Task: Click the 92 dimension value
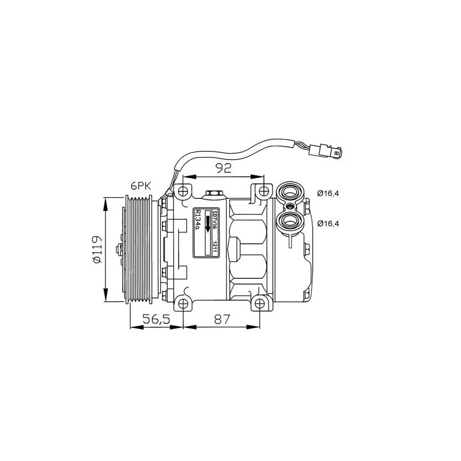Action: coord(224,168)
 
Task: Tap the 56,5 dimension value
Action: coord(156,319)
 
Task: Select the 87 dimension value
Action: coord(222,319)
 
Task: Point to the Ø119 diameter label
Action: coord(97,249)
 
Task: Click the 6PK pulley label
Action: coord(141,186)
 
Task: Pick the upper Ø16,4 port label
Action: coord(328,194)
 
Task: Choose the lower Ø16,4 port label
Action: coord(328,224)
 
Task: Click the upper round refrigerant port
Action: coord(290,192)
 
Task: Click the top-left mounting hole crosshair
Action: coord(183,191)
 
